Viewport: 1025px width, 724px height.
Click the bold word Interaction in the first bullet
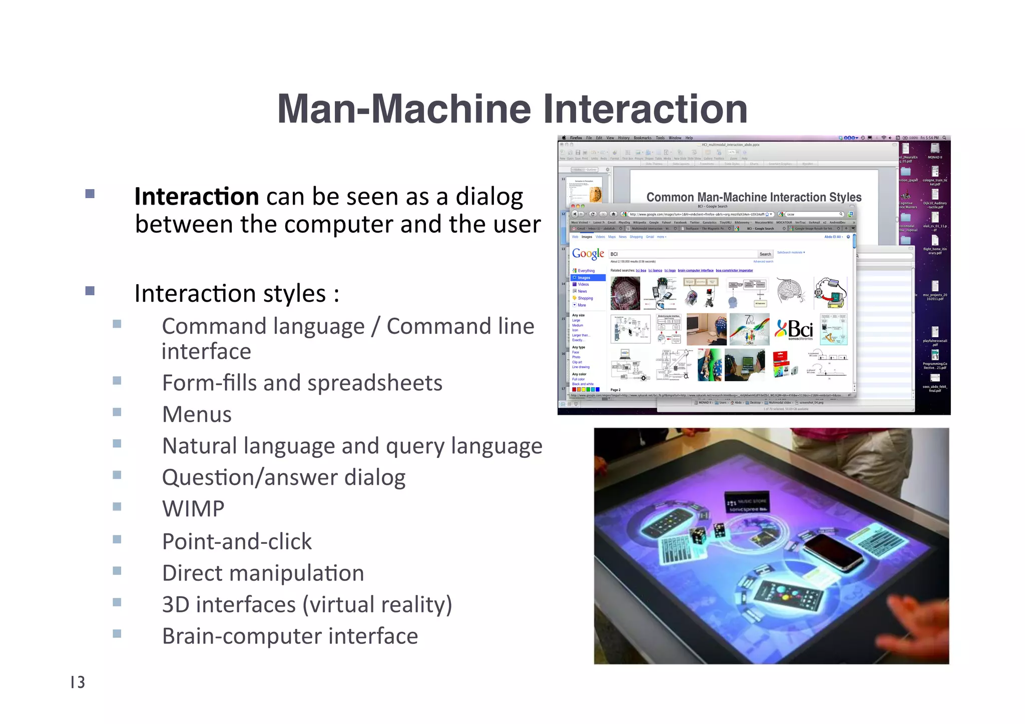(196, 196)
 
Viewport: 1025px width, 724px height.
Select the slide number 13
(78, 682)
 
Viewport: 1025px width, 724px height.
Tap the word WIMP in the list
(193, 509)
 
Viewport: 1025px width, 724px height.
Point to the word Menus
(197, 414)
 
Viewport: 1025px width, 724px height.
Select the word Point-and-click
(237, 541)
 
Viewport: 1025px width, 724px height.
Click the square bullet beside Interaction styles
(90, 291)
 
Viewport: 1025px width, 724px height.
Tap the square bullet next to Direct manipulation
(117, 571)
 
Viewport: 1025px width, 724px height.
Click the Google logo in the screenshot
(588, 254)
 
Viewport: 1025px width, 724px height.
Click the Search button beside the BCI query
(765, 254)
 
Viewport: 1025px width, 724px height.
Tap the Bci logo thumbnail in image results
(795, 329)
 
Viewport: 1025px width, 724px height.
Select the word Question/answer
(249, 477)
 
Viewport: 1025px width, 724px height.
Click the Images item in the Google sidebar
(584, 278)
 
